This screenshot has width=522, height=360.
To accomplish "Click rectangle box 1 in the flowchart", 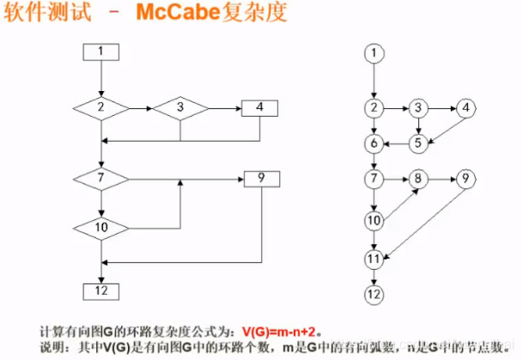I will click(x=100, y=52).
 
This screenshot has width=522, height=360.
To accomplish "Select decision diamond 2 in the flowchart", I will click(x=100, y=108).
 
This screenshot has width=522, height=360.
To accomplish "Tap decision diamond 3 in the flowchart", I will click(x=180, y=108).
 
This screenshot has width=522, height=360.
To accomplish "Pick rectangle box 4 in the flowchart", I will click(x=260, y=108).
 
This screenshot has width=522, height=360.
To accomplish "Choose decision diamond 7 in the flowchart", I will click(x=100, y=179).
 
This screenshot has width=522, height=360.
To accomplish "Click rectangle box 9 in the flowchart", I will click(x=260, y=179).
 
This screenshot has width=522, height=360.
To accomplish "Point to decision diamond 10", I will click(x=100, y=228).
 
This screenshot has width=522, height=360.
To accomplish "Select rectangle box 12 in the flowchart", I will click(x=100, y=289).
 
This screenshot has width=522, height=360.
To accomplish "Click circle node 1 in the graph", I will click(x=373, y=53).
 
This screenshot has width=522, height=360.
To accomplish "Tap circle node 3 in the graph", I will click(x=418, y=108).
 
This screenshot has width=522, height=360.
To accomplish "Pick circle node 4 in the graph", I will click(x=465, y=108).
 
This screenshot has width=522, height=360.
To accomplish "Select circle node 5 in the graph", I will click(x=418, y=143).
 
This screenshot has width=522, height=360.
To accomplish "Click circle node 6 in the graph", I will click(x=373, y=143).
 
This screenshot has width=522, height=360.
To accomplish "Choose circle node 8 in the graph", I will click(x=418, y=180).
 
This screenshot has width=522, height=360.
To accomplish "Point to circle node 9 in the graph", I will click(x=465, y=180).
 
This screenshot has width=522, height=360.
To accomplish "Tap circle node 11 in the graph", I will click(x=373, y=258).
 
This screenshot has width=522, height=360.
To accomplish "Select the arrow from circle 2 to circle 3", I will click(x=396, y=108).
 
